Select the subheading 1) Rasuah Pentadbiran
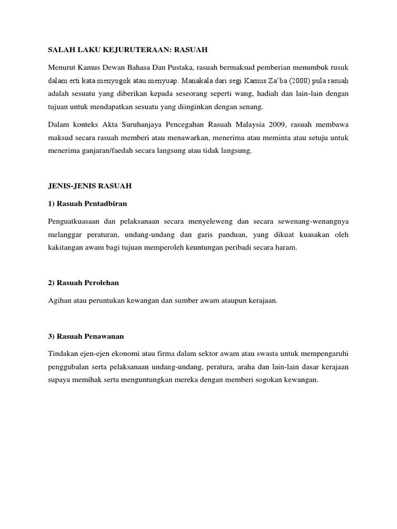(x=87, y=203)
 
